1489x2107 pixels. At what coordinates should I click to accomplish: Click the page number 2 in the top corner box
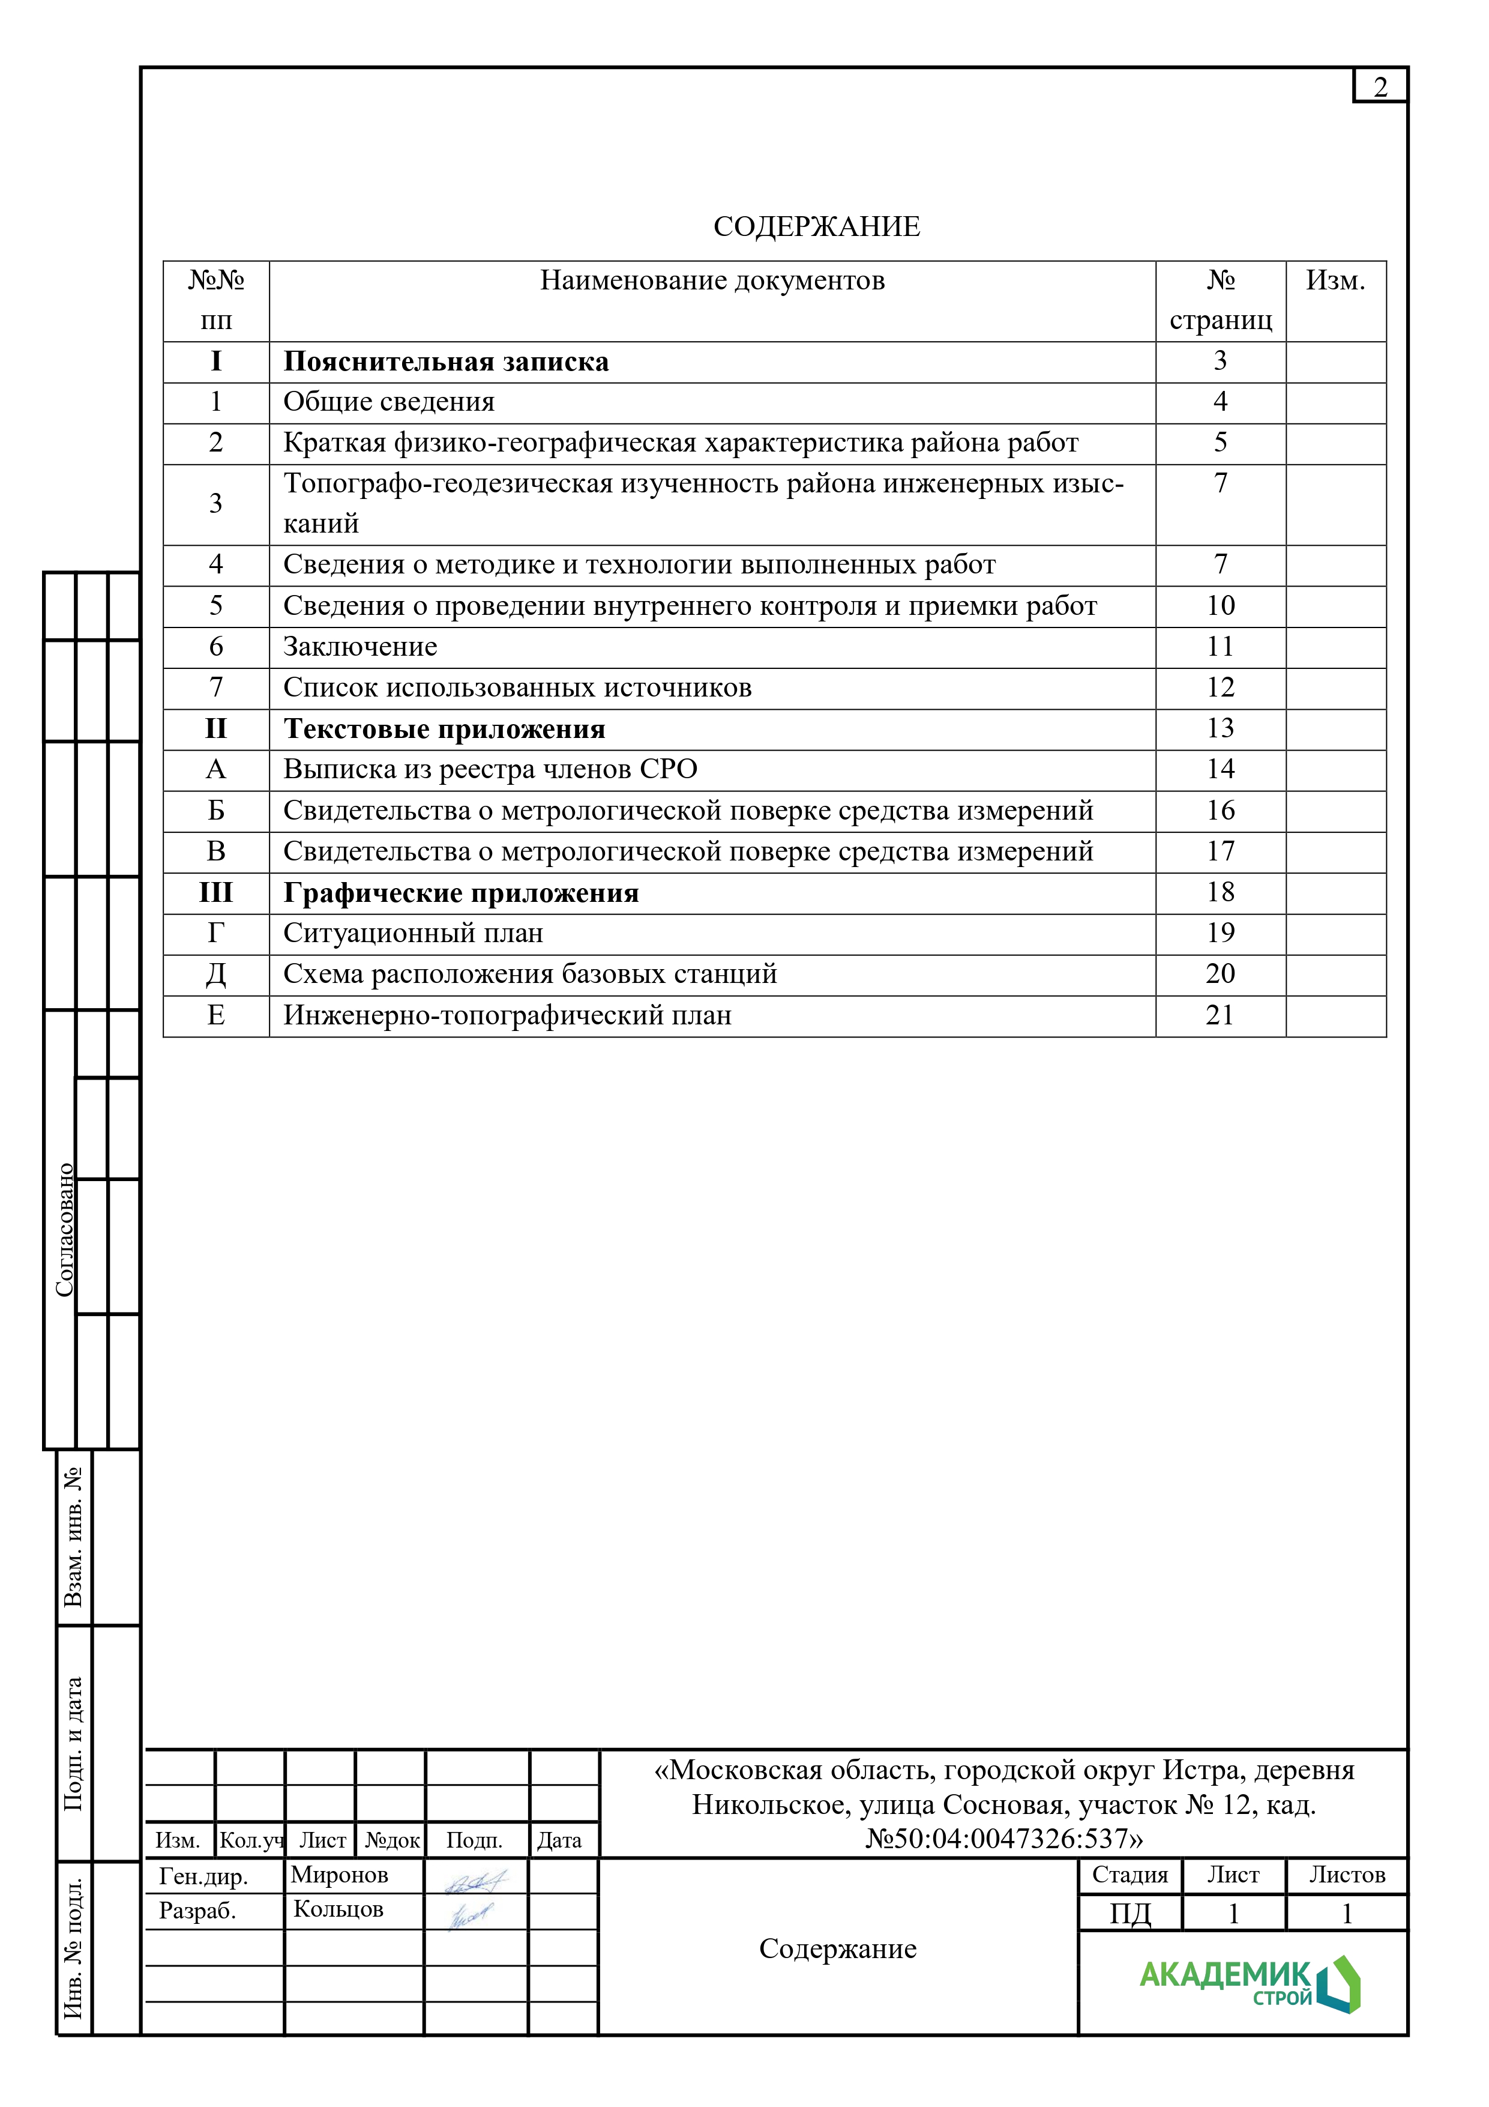(1379, 87)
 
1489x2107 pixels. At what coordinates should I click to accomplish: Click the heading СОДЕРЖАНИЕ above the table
(816, 226)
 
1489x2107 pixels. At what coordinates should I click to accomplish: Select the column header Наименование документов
(712, 281)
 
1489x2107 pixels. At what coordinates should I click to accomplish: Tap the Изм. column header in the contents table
(1335, 281)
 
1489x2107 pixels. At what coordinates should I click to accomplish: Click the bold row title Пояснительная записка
(446, 361)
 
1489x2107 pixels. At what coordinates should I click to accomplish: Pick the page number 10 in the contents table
(1220, 606)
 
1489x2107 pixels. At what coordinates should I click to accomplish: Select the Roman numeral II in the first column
(215, 728)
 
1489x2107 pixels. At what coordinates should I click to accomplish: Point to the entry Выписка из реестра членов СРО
(490, 769)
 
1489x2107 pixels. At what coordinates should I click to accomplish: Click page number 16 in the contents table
(1220, 810)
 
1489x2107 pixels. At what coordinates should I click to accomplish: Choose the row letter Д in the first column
(215, 974)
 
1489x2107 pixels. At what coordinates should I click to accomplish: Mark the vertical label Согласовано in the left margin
(64, 1230)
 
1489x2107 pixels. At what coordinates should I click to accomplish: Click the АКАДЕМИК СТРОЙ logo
(1248, 1985)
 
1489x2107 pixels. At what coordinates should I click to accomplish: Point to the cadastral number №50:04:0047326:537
(1003, 1839)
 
